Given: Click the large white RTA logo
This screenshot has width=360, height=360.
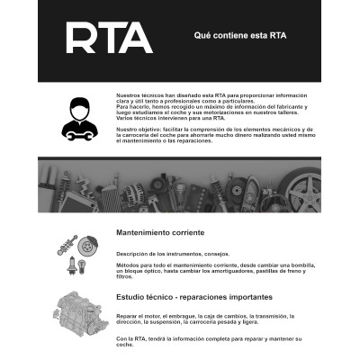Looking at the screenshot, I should (109, 38).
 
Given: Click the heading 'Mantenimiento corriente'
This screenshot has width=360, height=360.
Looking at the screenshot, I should (160, 232).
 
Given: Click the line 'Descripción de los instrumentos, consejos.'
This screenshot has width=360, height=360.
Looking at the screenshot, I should (167, 254).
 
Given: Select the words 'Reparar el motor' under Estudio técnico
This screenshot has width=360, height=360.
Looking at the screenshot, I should (136, 317).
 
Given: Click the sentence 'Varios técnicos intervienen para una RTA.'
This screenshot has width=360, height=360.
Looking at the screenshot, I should (166, 117).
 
